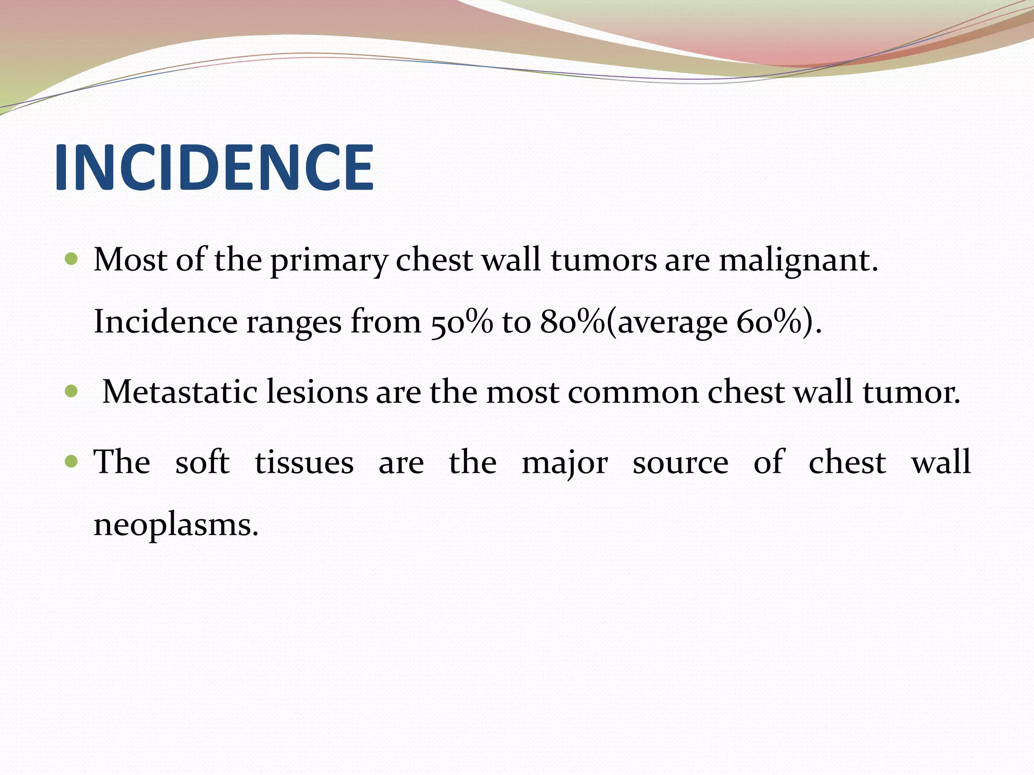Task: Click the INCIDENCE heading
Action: (x=214, y=168)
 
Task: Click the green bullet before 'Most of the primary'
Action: (x=72, y=259)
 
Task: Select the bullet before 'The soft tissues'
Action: (x=72, y=461)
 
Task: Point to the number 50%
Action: (x=461, y=322)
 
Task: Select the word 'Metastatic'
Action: (x=180, y=392)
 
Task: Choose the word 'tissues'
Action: (x=304, y=462)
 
